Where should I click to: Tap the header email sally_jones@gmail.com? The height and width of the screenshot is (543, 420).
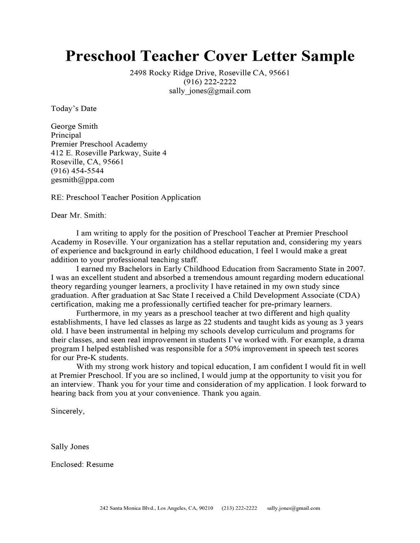[210, 91]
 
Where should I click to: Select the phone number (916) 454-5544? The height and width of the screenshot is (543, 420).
[77, 171]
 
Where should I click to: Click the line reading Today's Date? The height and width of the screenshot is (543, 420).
[74, 109]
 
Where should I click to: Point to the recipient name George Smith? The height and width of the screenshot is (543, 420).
[74, 126]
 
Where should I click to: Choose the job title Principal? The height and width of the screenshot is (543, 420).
[66, 135]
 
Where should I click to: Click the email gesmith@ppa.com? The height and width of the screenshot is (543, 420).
[82, 180]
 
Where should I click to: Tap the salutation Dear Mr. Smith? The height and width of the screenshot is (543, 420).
[78, 215]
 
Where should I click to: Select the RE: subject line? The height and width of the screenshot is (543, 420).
[126, 198]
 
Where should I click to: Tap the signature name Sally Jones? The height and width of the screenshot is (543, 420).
[70, 447]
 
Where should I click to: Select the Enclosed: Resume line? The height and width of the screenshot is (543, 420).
[82, 464]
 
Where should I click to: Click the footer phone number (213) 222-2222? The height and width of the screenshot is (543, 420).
[239, 508]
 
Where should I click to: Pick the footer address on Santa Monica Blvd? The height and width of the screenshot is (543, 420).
[156, 508]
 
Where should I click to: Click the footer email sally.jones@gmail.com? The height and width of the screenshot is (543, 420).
[293, 508]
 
